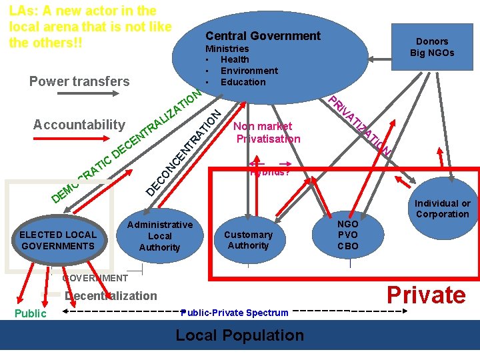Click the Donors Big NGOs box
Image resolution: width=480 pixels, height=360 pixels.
point(431,47)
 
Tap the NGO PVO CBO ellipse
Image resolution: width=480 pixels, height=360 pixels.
point(348,235)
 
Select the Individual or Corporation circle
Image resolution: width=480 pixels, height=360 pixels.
point(442,209)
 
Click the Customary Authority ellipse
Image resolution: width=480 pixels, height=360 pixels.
point(248,240)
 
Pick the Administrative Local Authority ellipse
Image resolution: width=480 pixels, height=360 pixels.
point(159,236)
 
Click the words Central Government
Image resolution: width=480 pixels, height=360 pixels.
point(263,36)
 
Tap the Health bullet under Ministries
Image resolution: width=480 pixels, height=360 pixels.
point(234,59)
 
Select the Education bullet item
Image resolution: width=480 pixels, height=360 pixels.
point(243,82)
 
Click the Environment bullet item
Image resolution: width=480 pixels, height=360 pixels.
point(249,71)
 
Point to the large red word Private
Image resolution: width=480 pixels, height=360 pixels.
point(427,295)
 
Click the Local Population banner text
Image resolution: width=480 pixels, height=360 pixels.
point(239,335)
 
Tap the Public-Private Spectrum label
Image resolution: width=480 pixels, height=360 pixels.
point(235,313)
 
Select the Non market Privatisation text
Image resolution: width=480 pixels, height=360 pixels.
point(268,133)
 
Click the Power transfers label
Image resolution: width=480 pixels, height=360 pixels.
point(79,81)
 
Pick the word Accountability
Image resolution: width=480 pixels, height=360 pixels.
point(79,125)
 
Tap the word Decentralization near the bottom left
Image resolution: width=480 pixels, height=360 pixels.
point(111,296)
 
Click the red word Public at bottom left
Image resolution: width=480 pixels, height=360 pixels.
point(31,313)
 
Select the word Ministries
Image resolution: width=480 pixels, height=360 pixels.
point(227,49)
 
